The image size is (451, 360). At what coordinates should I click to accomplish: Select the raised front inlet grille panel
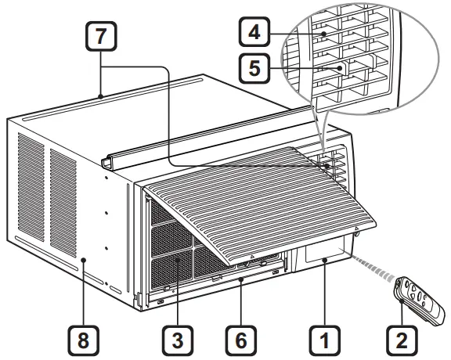251,200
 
